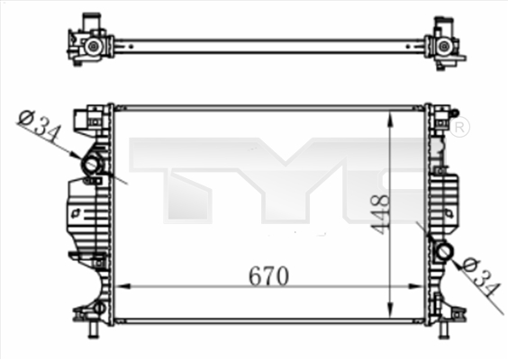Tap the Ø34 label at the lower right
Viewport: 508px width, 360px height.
pos(479,277)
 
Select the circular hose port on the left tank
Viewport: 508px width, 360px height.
pos(91,166)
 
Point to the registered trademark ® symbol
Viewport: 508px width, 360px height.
pos(459,128)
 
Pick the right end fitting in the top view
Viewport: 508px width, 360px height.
pos(444,44)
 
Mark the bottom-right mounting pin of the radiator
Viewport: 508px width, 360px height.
pos(442,330)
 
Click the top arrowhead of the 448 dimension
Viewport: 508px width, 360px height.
pos(389,117)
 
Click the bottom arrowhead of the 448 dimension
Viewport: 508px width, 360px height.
pos(389,309)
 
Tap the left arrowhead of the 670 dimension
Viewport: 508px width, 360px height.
pos(122,287)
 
